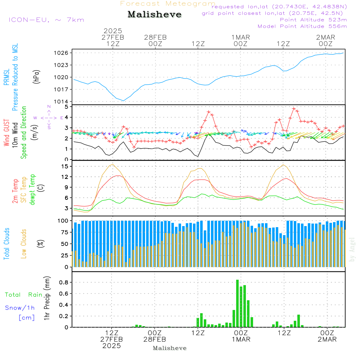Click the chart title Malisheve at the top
coord(154,15)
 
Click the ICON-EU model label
coord(46,20)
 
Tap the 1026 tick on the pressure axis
coord(62,53)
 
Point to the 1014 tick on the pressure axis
coord(62,102)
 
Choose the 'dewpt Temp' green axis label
coord(32,190)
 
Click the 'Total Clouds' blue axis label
coord(6,244)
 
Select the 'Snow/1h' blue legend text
coord(20,308)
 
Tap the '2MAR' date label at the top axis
coord(326,37)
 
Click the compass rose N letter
coord(49,107)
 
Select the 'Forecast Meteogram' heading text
coord(168,4)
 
